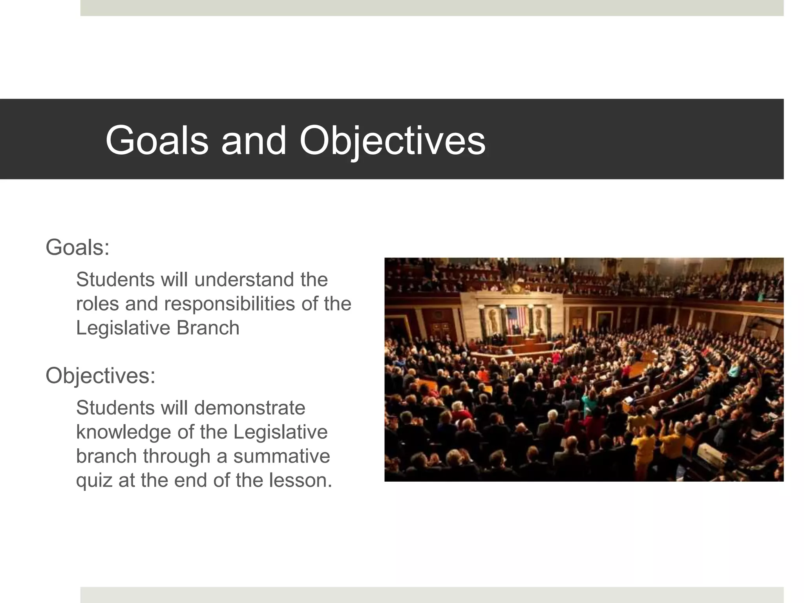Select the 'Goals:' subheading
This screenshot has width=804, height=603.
coord(77,248)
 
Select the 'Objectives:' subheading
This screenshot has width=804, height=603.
coord(100,375)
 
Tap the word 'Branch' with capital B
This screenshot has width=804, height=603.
coord(208,328)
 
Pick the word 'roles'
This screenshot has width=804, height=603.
coord(97,304)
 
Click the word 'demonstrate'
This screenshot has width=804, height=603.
coord(250,407)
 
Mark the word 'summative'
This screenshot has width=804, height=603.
coord(281,456)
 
